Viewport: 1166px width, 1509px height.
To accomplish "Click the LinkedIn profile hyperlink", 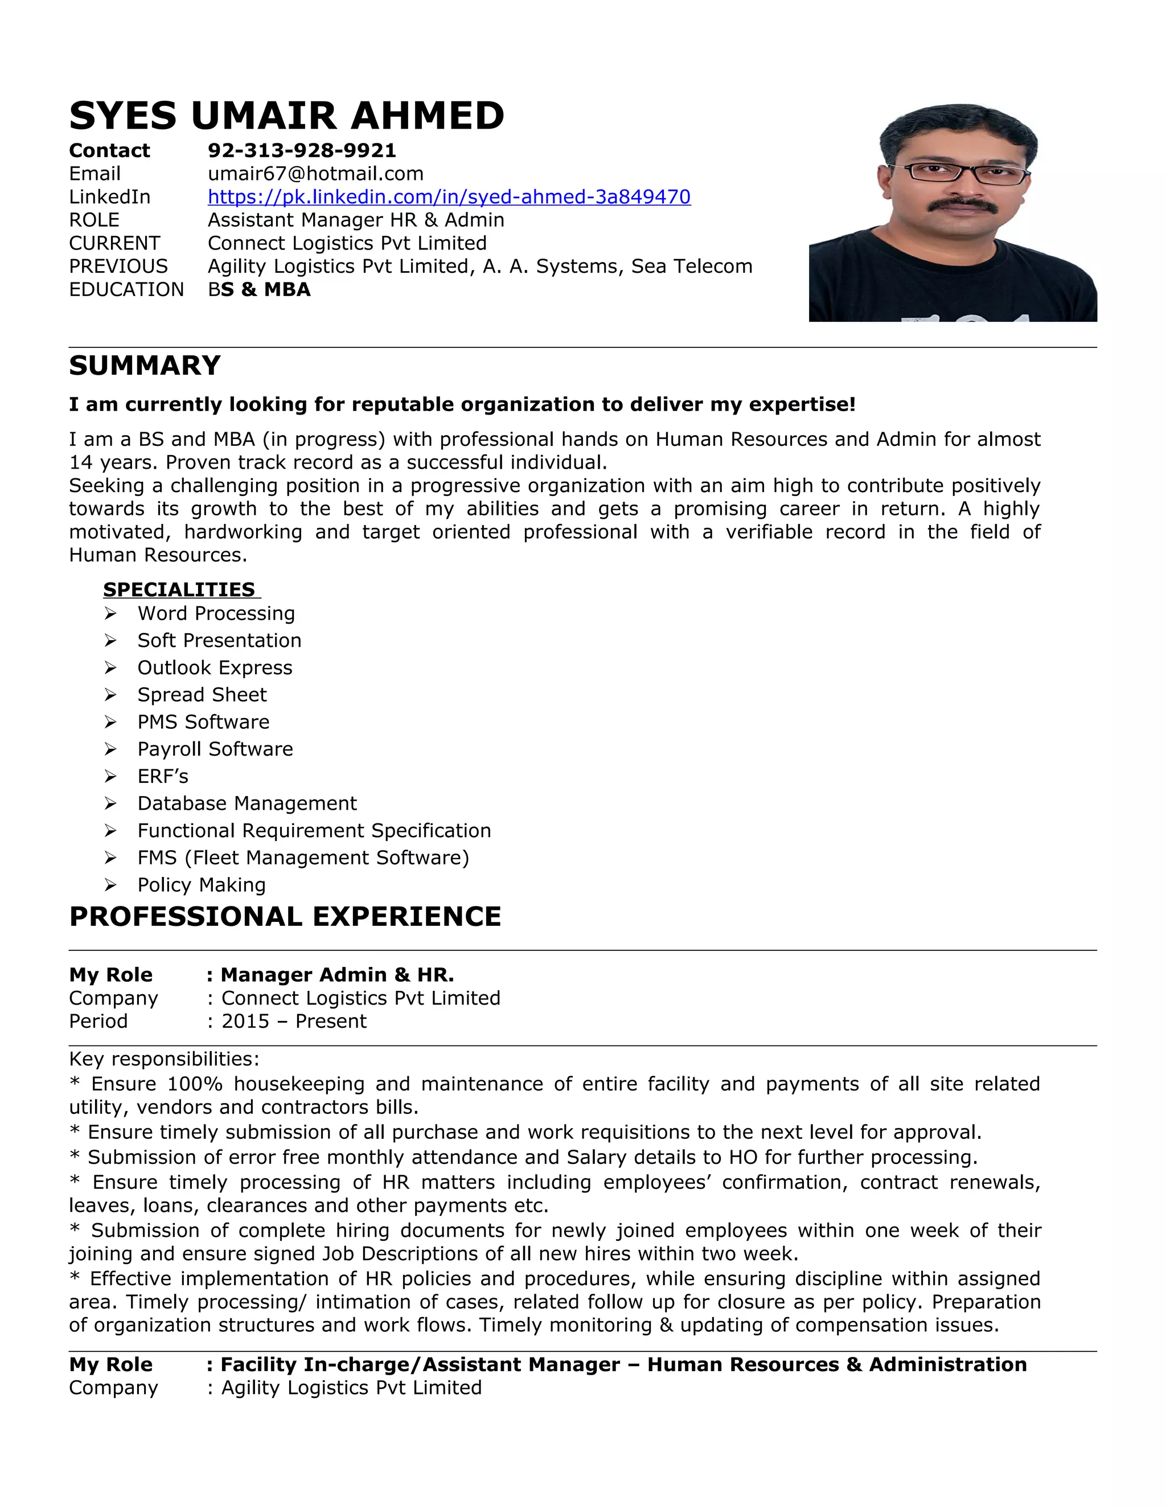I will (449, 197).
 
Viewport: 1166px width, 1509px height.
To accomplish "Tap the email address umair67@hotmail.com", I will (315, 174).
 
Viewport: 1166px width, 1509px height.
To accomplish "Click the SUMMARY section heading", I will (145, 366).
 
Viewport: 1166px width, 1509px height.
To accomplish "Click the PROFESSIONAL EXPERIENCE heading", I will (285, 916).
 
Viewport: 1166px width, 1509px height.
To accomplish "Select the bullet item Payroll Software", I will (215, 749).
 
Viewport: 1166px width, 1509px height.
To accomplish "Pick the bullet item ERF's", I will (162, 776).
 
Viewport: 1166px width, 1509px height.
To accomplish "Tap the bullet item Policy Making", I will (201, 884).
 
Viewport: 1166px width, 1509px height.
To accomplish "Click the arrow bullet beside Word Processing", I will (110, 613).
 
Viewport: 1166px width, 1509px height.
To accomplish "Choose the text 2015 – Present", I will (294, 1021).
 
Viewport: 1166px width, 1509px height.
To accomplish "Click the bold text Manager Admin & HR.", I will (336, 975).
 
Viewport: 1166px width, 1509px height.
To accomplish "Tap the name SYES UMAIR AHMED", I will (287, 116).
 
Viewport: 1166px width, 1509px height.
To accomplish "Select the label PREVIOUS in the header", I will (118, 266).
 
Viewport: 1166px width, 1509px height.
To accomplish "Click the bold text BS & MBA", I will (259, 289).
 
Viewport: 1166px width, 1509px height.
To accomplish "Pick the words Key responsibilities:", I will (164, 1059).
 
